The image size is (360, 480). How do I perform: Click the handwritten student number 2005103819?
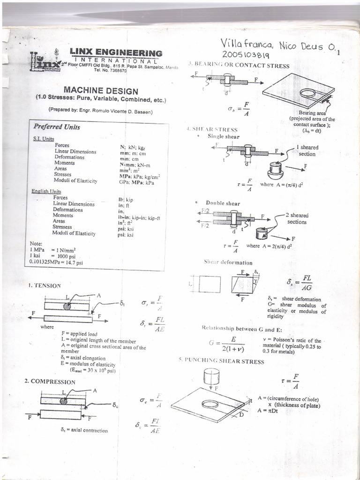point(246,55)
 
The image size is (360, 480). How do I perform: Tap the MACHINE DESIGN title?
point(101,91)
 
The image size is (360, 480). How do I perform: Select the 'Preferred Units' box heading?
point(57,127)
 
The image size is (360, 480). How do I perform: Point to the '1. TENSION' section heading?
point(44,285)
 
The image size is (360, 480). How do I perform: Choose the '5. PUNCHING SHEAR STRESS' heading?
point(221,361)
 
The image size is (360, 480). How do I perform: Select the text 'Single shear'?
point(223,136)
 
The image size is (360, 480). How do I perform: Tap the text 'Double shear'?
point(223,203)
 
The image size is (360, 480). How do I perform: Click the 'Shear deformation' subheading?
point(228,262)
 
